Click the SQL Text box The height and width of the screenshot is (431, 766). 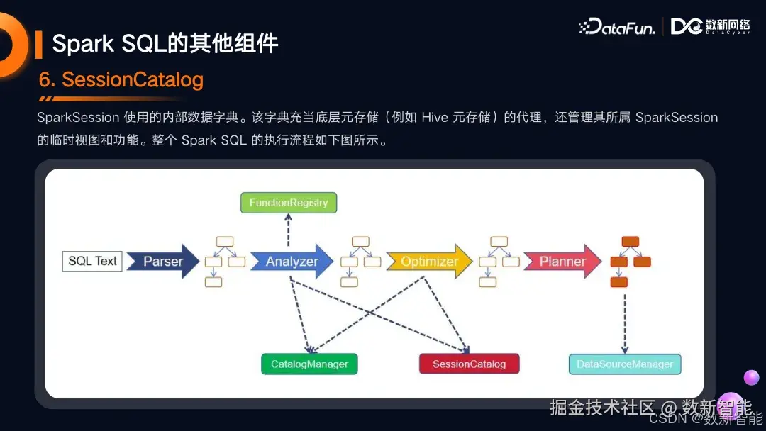pos(92,261)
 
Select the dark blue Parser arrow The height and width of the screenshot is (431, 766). pos(162,262)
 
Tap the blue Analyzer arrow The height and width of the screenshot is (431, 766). pos(292,262)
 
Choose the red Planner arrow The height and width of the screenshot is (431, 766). pos(562,262)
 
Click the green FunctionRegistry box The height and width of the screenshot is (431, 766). pos(289,203)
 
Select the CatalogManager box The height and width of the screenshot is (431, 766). pos(309,364)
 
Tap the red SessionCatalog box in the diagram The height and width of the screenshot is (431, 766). pos(469,364)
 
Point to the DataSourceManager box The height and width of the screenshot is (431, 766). pos(625,364)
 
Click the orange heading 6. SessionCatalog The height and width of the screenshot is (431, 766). pos(121,80)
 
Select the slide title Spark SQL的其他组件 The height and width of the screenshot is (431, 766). pos(165,44)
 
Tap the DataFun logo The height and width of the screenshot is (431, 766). pos(617,27)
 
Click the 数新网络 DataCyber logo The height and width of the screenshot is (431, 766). pos(711,27)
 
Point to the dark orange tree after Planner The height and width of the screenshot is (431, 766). pos(630,261)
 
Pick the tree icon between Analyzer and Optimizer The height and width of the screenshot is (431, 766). pos(360,261)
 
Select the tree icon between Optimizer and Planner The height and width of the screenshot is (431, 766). pos(498,261)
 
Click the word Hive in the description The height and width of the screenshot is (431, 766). pos(435,118)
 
